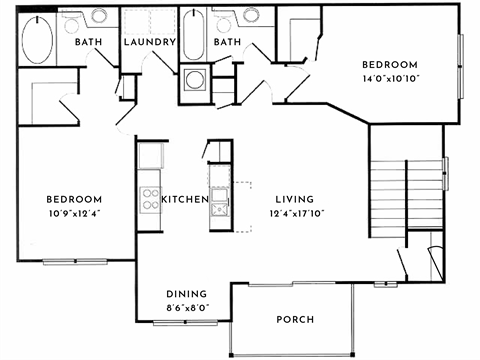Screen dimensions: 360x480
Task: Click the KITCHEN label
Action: (x=184, y=200)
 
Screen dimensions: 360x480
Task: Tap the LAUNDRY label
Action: (x=150, y=43)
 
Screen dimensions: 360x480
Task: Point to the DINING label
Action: (x=187, y=294)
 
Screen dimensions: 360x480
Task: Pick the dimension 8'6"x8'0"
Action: (x=187, y=307)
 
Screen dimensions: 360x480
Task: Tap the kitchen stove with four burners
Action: (x=150, y=199)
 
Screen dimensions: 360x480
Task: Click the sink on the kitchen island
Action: (x=218, y=209)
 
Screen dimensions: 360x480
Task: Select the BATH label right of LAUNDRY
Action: (x=227, y=43)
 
